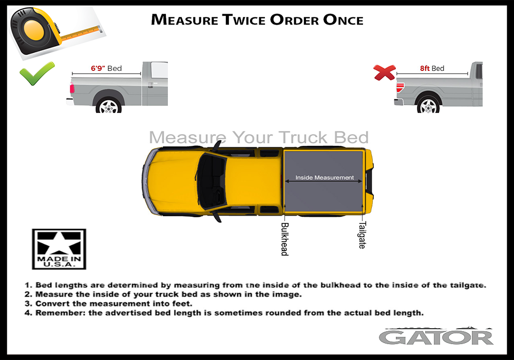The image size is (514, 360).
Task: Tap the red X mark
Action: tap(385, 72)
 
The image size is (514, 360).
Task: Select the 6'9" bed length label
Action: tap(106, 68)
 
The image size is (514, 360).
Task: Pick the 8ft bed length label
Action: tap(432, 68)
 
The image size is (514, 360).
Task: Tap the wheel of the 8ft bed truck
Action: tap(428, 105)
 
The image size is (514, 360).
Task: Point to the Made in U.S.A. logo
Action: tap(59, 249)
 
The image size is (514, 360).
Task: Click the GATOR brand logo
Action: tap(436, 337)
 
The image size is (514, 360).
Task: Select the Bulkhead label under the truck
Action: tap(284, 239)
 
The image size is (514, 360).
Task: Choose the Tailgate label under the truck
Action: tap(362, 235)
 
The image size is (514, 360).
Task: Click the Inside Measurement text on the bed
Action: tap(325, 177)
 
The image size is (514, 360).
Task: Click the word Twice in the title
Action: tap(243, 20)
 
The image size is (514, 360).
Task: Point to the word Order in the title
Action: tap(294, 20)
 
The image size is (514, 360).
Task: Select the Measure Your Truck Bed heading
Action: tap(259, 138)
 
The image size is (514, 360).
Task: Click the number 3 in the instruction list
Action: tap(27, 304)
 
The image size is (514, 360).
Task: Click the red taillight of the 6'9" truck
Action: tap(72, 88)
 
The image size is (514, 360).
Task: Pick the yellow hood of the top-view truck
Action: tap(170, 181)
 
